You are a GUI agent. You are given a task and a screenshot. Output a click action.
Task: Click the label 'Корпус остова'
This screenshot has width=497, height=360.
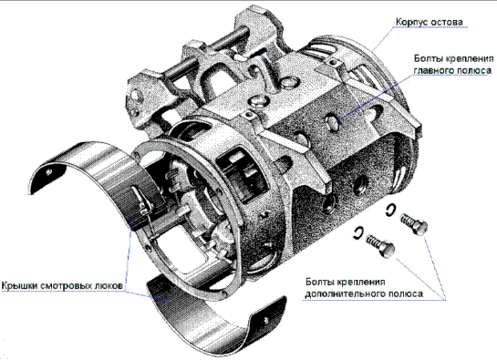point(430,22)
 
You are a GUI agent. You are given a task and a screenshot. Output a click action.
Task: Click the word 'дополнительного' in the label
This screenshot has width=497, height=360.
point(347,293)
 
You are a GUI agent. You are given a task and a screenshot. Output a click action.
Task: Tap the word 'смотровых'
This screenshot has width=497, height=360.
point(66,285)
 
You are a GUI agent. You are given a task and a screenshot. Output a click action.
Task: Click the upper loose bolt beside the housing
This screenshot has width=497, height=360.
point(414,223)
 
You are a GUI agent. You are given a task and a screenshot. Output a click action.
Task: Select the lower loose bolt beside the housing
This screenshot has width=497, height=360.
point(380,244)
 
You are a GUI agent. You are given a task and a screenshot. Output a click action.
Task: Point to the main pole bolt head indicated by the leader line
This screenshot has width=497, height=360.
point(332,122)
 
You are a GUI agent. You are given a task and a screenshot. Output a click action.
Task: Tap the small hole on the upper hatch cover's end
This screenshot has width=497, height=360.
point(49,171)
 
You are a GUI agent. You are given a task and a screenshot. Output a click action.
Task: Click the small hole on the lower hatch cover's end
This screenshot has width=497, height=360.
point(265,322)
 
